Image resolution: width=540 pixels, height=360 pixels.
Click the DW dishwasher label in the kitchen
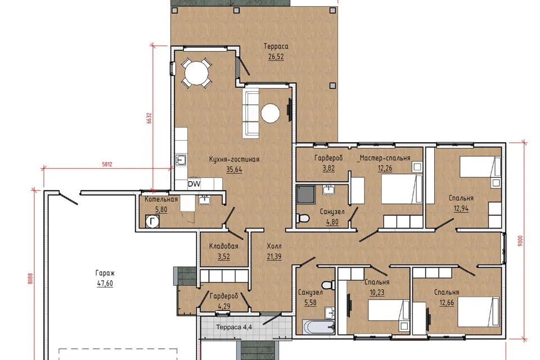tap(194, 184)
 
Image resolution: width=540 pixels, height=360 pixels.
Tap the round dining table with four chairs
tap(196, 73)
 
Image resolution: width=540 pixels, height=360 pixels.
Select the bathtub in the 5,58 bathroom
tap(318, 327)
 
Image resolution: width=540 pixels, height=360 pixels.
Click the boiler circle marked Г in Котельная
tap(152, 222)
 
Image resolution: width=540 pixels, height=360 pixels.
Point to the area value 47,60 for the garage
tap(105, 283)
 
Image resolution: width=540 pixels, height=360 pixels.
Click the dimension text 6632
tap(149, 118)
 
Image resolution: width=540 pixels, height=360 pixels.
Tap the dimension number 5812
tap(107, 164)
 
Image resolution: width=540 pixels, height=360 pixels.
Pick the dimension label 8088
tap(30, 278)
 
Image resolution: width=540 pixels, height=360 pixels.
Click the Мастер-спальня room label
tap(385, 158)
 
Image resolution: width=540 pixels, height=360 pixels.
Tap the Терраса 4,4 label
tap(234, 327)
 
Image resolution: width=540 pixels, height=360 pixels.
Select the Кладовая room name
tap(224, 246)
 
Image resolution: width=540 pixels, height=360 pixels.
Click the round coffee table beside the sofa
tap(271, 113)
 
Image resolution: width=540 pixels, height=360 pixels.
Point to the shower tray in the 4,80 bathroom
tap(306, 194)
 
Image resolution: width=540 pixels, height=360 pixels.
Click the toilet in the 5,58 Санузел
tap(328, 285)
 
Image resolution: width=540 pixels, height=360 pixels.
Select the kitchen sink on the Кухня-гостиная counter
tap(181, 160)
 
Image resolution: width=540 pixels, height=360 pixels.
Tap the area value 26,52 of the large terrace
tap(276, 56)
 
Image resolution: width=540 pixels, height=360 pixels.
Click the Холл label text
tap(274, 246)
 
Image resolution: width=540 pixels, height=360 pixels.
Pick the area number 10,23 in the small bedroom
tap(377, 292)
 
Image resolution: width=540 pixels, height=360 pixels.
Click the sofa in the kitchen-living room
tap(251, 113)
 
